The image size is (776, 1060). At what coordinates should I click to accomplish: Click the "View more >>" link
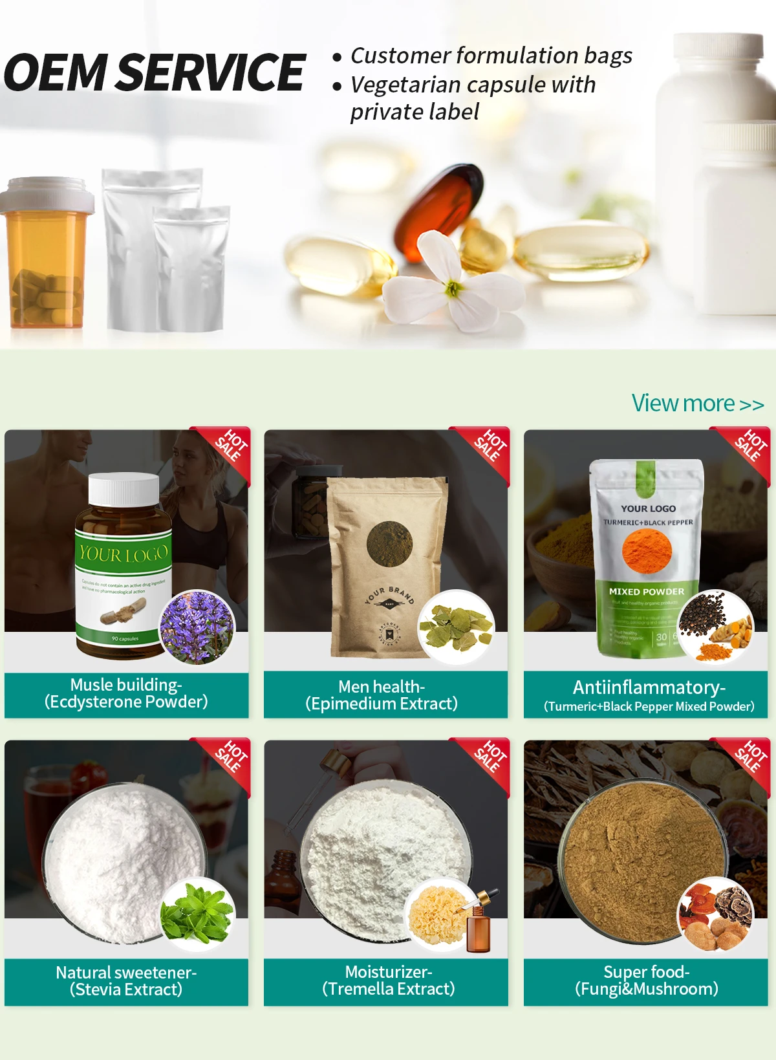coord(697,404)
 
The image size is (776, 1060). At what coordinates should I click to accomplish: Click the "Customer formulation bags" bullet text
coord(491,56)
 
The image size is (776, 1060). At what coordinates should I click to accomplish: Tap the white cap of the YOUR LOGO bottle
coord(124,490)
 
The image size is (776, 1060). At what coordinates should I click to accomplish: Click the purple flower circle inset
coord(197,627)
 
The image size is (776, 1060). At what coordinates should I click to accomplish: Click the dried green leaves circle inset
coord(456,627)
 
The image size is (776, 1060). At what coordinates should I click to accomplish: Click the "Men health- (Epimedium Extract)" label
coord(382,695)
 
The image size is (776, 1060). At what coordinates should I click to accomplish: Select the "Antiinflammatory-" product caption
coord(649,687)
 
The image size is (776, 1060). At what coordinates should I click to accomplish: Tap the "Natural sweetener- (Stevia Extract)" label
coord(126,981)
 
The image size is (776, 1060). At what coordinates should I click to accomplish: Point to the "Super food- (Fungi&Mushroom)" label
coord(646,980)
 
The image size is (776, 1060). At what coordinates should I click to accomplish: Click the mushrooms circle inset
coord(715,914)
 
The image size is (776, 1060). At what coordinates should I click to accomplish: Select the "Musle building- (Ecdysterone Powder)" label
coord(126,693)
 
